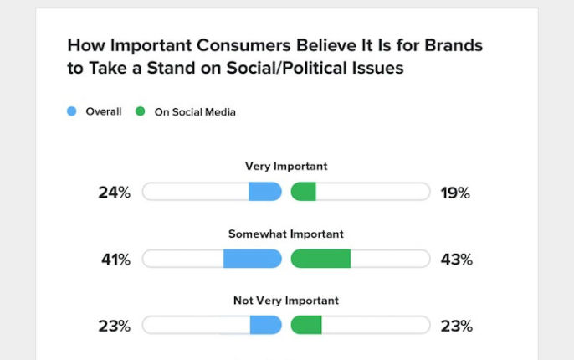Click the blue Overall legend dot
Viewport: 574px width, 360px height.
point(71,111)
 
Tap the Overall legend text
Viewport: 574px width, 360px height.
point(104,111)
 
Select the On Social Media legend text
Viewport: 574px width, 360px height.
point(195,111)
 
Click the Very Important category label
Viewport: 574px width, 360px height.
point(286,166)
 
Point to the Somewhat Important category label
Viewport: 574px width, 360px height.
point(286,234)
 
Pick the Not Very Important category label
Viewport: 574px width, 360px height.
point(286,300)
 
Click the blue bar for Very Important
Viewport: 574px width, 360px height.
point(264,192)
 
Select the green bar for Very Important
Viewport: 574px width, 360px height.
point(304,192)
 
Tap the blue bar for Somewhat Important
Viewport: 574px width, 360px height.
point(252,259)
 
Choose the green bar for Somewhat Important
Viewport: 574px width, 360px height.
point(320,259)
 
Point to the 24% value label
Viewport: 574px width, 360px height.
point(115,193)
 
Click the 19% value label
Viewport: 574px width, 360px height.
point(455,193)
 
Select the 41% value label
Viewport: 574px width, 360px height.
point(115,260)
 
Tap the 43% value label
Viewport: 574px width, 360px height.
point(456,260)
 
